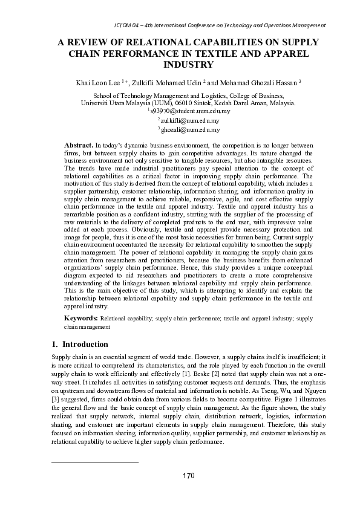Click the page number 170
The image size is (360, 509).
(x=189, y=476)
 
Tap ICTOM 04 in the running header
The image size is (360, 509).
(x=129, y=25)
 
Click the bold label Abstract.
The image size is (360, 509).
(x=78, y=146)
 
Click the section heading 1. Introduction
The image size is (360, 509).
(x=80, y=345)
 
